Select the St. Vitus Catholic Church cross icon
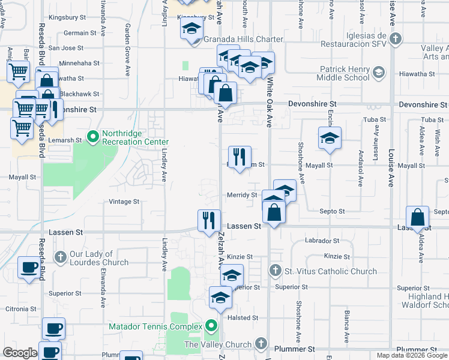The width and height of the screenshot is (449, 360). pos(275,271)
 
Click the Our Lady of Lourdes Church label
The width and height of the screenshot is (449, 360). pos(99,258)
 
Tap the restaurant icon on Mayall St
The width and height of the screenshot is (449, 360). pos(240,157)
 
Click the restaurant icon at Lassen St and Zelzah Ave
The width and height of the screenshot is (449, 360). pos(209,220)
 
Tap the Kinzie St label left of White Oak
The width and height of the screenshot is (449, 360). pos(240,257)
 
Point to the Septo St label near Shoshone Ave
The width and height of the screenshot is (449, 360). pos(332,211)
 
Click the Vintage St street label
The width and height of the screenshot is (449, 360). pos(124,202)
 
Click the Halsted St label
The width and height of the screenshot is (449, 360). pos(243,317)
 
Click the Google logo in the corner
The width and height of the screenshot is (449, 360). pos(20,353)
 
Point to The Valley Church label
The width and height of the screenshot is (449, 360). pos(218,344)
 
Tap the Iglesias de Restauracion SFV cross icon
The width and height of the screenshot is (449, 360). pos(395,39)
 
